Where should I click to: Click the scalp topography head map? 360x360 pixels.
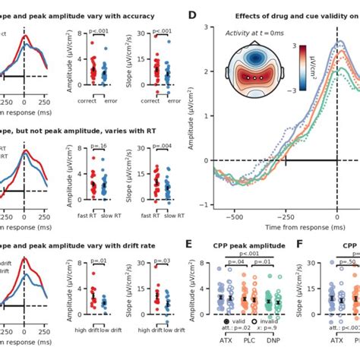251,72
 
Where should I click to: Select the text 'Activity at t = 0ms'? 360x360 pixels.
253,33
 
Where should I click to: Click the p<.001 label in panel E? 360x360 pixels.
248,254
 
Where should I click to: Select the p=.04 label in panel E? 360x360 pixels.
235,262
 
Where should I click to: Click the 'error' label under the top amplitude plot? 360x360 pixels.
110,98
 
